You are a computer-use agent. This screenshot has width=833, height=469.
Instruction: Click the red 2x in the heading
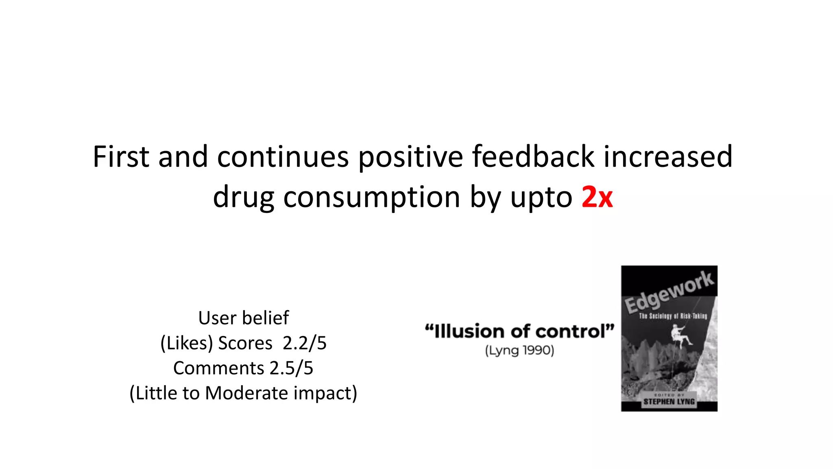597,197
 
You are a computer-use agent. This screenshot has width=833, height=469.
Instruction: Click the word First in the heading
121,157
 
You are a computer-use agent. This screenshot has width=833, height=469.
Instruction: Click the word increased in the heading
667,157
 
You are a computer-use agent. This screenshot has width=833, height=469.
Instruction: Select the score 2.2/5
304,343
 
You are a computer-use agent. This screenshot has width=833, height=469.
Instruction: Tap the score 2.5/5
291,368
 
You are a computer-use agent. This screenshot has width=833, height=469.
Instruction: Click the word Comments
218,368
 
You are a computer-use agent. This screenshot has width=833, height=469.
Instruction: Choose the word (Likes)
187,343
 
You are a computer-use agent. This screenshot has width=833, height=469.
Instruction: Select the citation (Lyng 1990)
519,351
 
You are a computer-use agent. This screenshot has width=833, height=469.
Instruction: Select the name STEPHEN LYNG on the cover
669,402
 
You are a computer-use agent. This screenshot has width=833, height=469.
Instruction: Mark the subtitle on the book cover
673,316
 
